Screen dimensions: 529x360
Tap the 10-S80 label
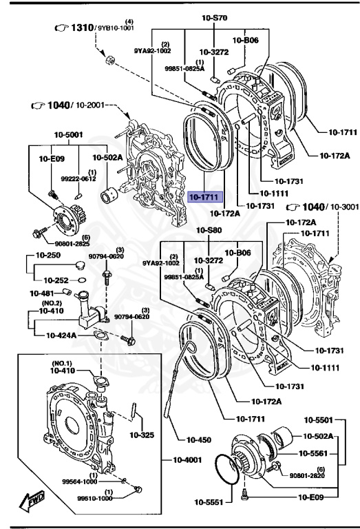[x=209, y=230]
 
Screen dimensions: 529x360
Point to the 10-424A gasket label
[x=63, y=335]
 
